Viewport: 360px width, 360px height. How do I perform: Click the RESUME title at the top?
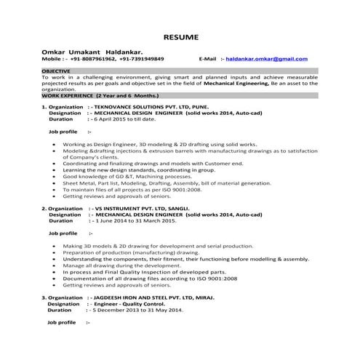coord(179,36)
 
